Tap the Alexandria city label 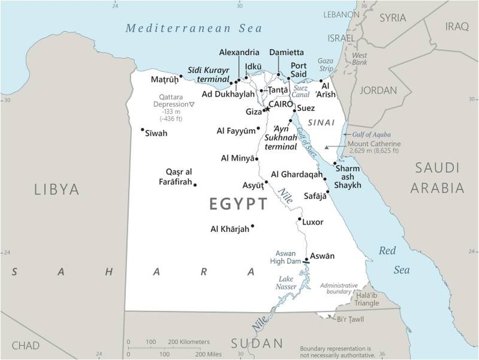239,53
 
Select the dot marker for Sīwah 142,130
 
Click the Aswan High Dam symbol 306,261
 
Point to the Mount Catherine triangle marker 327,147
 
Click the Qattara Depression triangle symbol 192,104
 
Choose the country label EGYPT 238,204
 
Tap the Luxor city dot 299,219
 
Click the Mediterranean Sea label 193,28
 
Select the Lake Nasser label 286,283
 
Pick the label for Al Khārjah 230,229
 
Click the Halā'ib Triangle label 366,298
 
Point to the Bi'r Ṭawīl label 351,318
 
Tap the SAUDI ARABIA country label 437,178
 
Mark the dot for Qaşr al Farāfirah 195,185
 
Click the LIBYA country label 56,190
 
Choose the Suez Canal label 300,91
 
